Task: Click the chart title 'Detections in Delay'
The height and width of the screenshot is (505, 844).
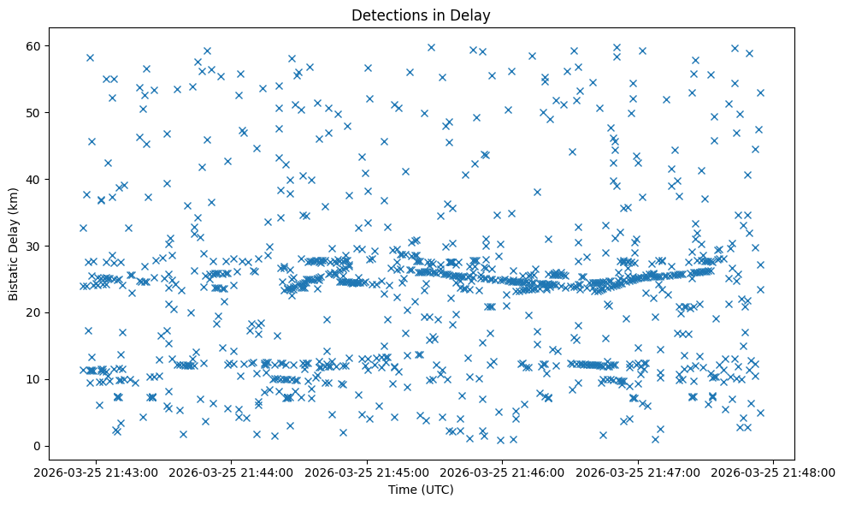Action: pyautogui.click(x=421, y=15)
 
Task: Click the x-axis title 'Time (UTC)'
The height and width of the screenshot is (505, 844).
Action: pyautogui.click(x=421, y=490)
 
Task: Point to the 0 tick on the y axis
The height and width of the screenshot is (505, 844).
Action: pyautogui.click(x=37, y=446)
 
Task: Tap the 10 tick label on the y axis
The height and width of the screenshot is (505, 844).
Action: pyautogui.click(x=33, y=379)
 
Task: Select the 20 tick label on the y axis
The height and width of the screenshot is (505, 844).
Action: pyautogui.click(x=33, y=312)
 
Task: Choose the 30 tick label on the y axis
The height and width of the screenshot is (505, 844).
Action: pyautogui.click(x=33, y=246)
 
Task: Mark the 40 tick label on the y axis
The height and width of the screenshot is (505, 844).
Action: pyautogui.click(x=33, y=179)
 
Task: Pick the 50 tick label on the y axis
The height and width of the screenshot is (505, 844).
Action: pyautogui.click(x=33, y=112)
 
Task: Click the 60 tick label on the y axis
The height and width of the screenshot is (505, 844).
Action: pyautogui.click(x=33, y=45)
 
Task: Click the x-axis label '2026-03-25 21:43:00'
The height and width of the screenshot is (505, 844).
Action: pyautogui.click(x=96, y=472)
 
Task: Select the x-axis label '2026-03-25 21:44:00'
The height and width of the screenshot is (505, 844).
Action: pyautogui.click(x=231, y=472)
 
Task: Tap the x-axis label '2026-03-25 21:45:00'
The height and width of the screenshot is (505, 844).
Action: pyautogui.click(x=367, y=472)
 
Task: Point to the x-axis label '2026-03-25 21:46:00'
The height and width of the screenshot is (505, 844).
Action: pyautogui.click(x=503, y=472)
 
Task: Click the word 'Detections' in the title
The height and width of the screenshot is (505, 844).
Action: pyautogui.click(x=385, y=15)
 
